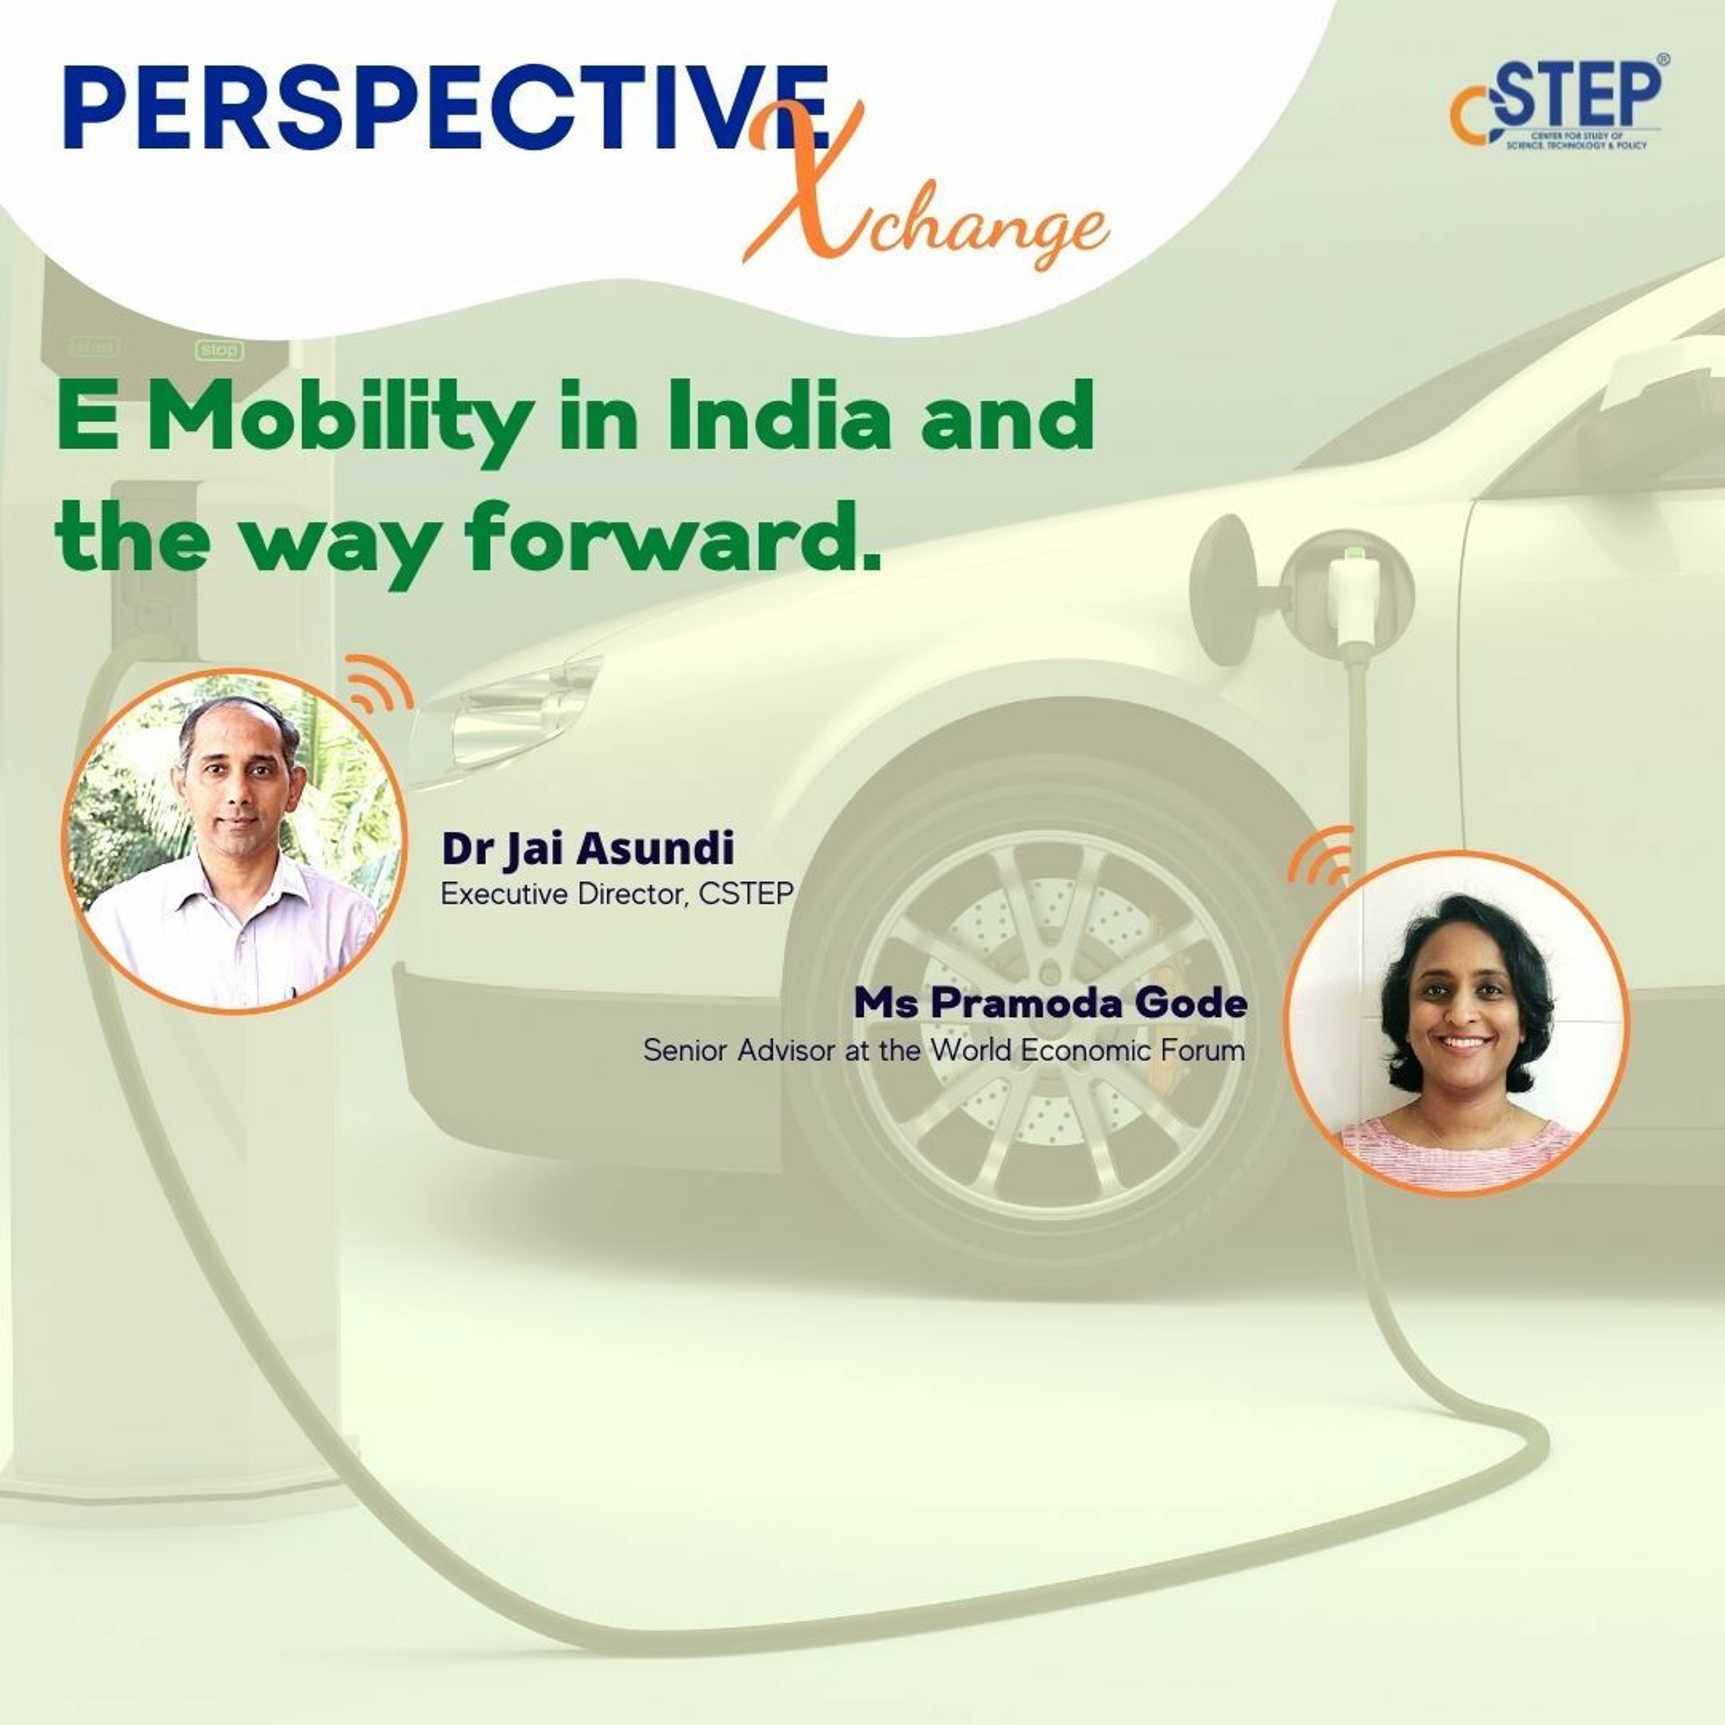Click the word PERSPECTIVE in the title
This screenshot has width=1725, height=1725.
(x=446, y=107)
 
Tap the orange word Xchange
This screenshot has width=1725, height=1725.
(x=924, y=192)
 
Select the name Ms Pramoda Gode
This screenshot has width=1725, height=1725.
(x=1050, y=1003)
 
